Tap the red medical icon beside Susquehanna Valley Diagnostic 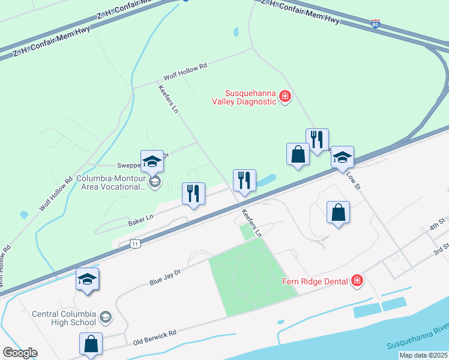(285, 96)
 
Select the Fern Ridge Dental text (315, 281)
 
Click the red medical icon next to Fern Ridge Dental (357, 280)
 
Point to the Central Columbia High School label (59, 317)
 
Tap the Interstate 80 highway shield (375, 25)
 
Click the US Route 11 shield (135, 243)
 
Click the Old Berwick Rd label (155, 338)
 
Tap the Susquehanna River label (418, 345)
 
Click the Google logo (20, 353)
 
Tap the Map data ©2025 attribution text (423, 355)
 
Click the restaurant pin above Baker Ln (193, 194)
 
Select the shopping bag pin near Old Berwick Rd (91, 344)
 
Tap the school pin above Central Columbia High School (88, 279)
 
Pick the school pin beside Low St (342, 158)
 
